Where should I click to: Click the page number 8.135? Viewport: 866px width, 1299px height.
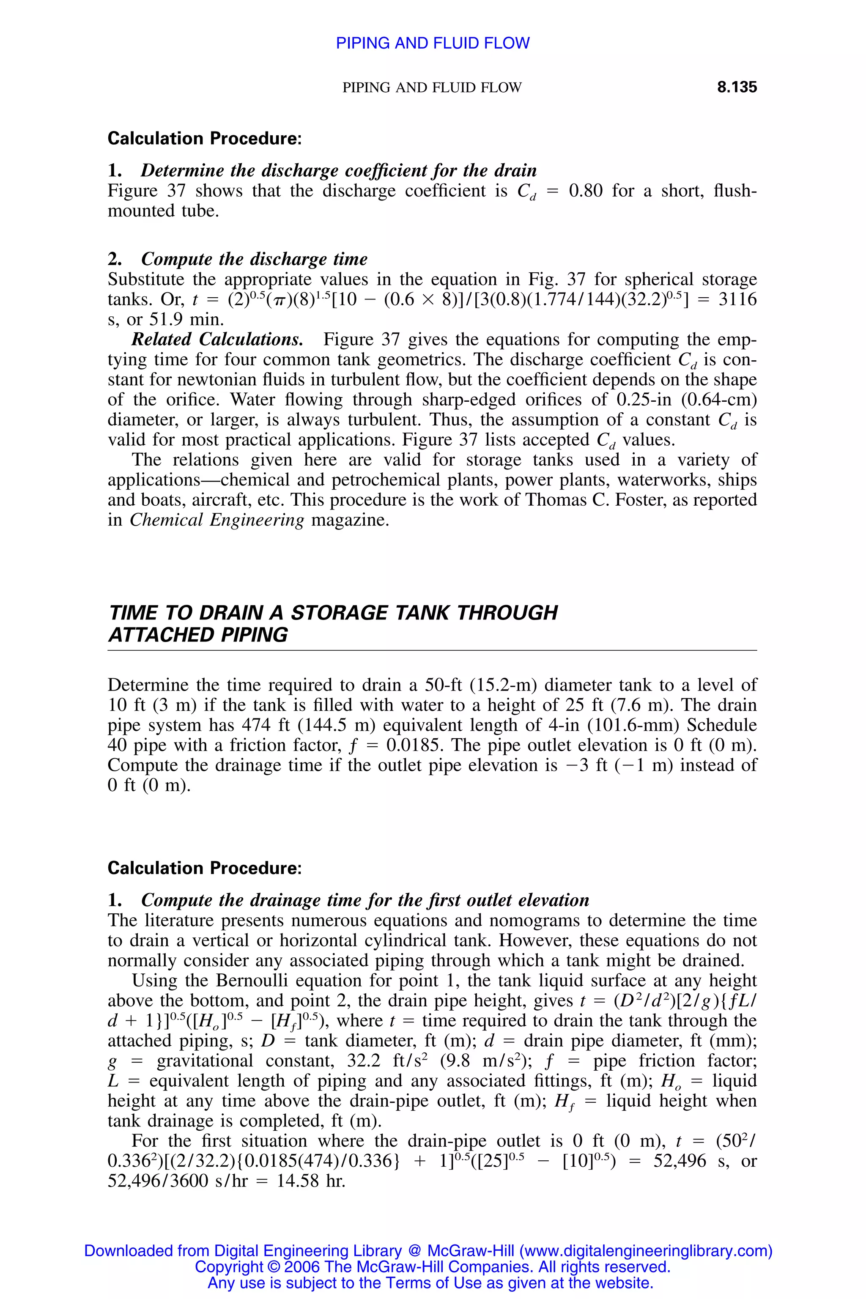tap(736, 87)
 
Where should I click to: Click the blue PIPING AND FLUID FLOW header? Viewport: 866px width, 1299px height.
tap(433, 43)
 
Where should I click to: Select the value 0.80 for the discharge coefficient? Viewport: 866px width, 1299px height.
tap(585, 191)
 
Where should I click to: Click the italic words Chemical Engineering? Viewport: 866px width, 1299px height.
tap(216, 520)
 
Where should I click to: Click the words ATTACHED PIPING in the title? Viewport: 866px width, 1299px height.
tap(198, 635)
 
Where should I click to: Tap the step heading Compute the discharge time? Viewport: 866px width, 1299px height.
tap(254, 259)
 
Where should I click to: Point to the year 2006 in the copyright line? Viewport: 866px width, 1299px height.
tap(303, 1266)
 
